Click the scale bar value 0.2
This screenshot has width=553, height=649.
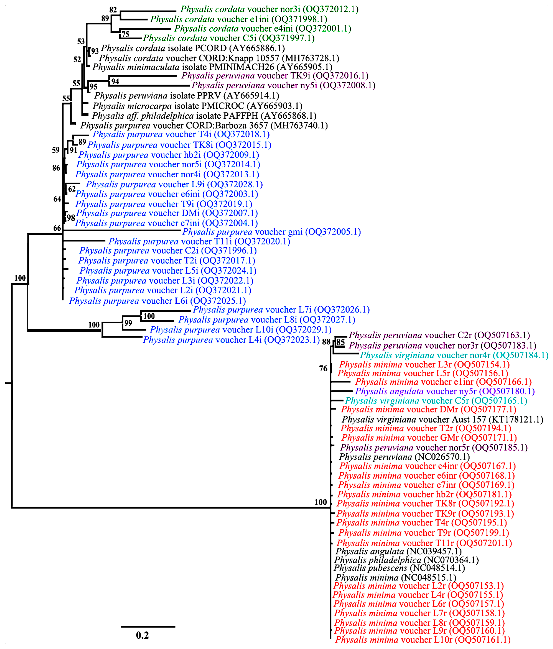142,635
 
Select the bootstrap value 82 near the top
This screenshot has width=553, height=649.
113,10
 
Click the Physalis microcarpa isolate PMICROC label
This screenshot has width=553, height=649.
197,106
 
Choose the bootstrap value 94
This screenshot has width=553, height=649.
115,81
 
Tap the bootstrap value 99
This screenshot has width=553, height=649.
128,323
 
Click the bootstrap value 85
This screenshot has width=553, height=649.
340,342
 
